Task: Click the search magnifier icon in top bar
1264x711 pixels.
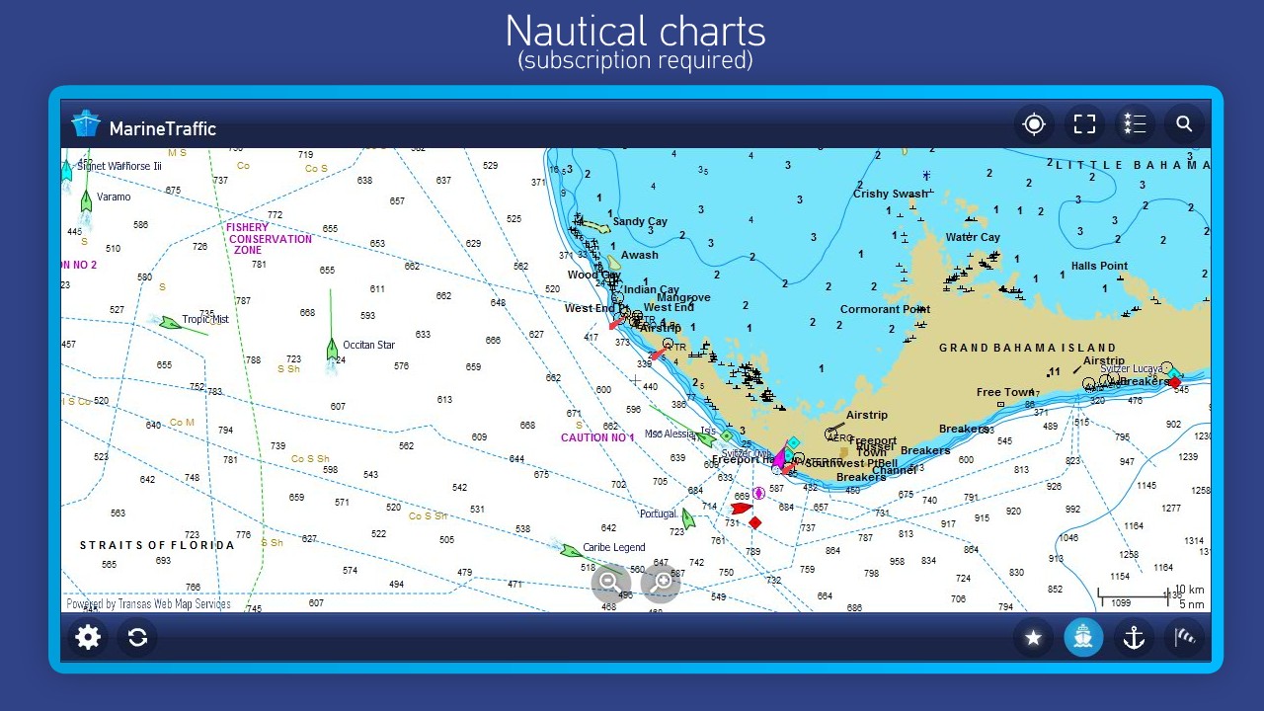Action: [1184, 124]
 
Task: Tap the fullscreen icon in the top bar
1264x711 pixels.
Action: [1085, 124]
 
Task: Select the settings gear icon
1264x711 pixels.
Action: [88, 637]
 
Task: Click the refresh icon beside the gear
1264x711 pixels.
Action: [137, 637]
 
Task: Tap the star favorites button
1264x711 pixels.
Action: [1033, 638]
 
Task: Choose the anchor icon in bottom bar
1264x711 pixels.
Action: [1134, 638]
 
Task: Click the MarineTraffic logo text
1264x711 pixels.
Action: [162, 128]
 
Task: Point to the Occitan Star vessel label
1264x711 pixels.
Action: [368, 346]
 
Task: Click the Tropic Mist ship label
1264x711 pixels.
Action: [205, 320]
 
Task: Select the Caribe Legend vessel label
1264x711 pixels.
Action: [613, 548]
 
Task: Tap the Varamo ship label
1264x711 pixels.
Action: [114, 197]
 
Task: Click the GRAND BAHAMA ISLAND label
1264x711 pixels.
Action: [1027, 349]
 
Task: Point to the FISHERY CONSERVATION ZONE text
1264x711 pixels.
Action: [269, 239]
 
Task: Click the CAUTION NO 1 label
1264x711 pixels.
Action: [597, 437]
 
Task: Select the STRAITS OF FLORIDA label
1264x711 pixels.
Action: [157, 545]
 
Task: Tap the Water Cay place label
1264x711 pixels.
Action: [973, 237]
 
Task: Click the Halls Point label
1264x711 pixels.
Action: [1099, 267]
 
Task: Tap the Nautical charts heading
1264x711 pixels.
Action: [635, 32]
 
